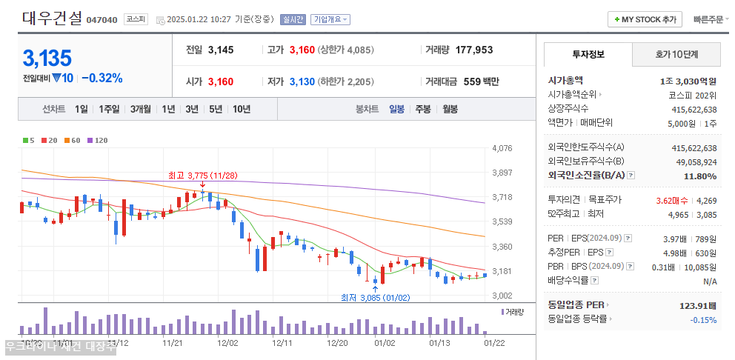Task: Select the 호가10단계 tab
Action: tap(676, 54)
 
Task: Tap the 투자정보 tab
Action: tap(588, 54)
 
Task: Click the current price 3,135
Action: tap(47, 58)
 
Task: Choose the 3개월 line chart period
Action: tap(141, 109)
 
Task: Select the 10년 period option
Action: tap(241, 109)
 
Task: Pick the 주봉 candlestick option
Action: tap(422, 109)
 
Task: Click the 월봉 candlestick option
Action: tap(449, 109)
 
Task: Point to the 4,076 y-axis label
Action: tap(502, 148)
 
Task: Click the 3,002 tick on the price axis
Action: tap(502, 296)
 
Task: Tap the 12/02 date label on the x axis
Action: tap(227, 343)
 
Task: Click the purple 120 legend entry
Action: tap(98, 140)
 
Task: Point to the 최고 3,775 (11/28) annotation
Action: tap(202, 176)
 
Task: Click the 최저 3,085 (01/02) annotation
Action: tap(375, 298)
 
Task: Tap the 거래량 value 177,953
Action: tap(474, 50)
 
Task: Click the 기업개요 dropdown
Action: tap(330, 19)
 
